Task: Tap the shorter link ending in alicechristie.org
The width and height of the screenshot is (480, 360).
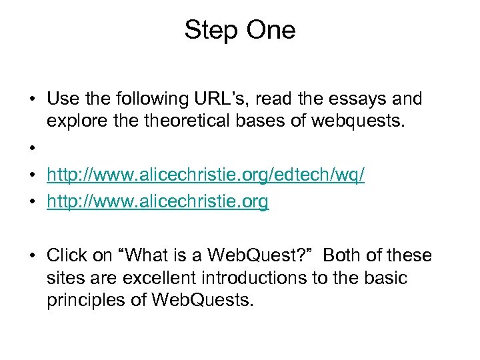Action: click(157, 202)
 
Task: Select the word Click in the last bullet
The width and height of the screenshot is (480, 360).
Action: click(69, 256)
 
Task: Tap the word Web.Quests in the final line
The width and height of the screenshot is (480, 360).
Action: click(203, 301)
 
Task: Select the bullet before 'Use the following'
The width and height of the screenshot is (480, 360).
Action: click(32, 100)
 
